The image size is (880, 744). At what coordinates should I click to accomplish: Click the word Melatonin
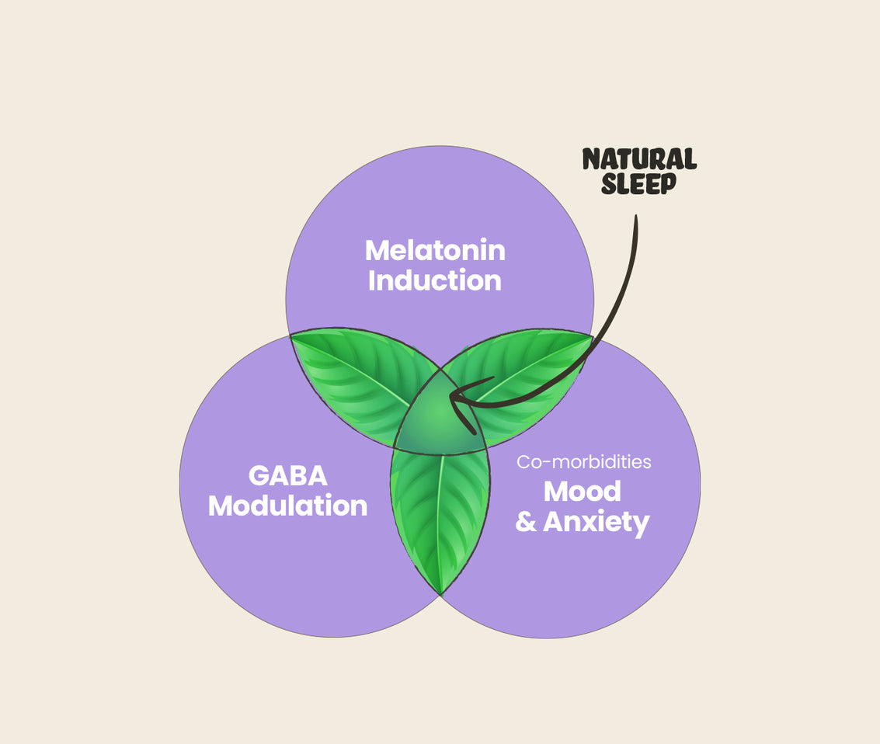pos(435,250)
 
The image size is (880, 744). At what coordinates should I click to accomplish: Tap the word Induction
pos(435,280)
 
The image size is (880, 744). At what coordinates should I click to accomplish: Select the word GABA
pos(287,475)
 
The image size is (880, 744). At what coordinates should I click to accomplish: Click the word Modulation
pos(287,506)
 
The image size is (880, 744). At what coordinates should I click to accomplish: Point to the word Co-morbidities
pos(584,462)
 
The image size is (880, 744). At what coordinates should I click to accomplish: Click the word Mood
pos(582,491)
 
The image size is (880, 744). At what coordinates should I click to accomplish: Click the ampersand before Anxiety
pos(526,522)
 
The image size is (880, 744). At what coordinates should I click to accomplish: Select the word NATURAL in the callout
pos(639,159)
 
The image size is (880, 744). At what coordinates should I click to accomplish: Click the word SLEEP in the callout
pos(638,185)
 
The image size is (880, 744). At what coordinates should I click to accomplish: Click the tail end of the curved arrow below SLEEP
pos(635,218)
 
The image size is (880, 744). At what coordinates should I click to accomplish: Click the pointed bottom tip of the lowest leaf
pos(440,593)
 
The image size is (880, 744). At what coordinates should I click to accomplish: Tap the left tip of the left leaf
pos(292,335)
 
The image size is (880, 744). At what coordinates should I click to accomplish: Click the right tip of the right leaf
pos(591,335)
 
